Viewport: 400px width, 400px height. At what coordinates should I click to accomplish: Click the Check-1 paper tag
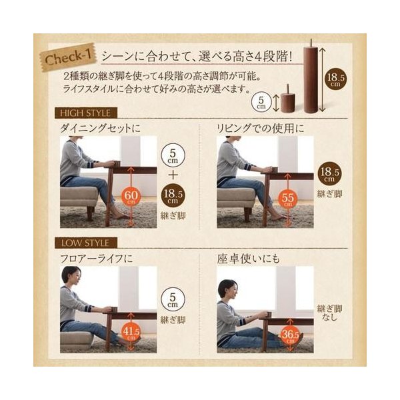(x=69, y=57)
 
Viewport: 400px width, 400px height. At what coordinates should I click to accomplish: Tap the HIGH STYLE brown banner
(x=86, y=113)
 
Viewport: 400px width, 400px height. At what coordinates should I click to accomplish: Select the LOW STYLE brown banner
(x=86, y=243)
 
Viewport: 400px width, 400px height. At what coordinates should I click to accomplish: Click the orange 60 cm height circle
(x=131, y=197)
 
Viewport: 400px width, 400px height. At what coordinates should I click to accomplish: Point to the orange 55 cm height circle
(x=288, y=199)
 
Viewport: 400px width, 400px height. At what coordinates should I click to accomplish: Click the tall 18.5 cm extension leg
(x=311, y=77)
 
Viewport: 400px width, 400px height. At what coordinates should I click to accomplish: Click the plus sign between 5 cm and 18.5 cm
(x=173, y=175)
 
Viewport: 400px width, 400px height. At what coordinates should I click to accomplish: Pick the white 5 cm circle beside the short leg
(x=261, y=103)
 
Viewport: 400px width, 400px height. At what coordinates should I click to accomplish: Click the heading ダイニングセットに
(x=100, y=128)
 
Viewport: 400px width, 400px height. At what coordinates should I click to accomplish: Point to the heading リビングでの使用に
(x=260, y=128)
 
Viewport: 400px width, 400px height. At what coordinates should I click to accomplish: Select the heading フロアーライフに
(x=97, y=259)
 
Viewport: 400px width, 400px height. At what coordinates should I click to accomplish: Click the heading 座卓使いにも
(x=249, y=259)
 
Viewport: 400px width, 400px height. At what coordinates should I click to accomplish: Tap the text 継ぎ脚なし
(x=329, y=313)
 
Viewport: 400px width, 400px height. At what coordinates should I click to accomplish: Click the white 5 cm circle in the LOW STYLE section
(x=173, y=299)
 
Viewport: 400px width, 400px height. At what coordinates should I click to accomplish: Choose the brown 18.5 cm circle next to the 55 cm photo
(x=329, y=173)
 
